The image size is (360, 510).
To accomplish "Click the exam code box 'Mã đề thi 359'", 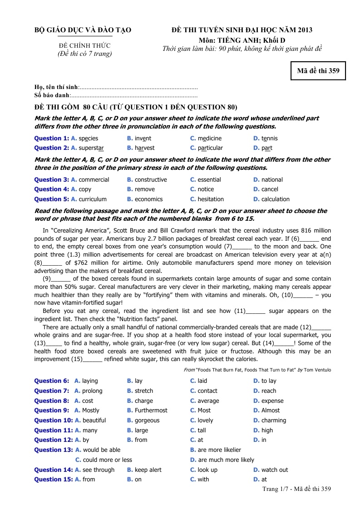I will [318, 71].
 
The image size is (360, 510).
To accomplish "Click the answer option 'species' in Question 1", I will [88, 139].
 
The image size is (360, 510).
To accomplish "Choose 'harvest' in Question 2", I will [144, 148].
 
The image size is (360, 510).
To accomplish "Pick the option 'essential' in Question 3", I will [209, 180].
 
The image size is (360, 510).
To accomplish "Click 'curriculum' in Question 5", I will [93, 199].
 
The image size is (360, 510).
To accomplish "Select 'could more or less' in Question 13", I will [108, 460].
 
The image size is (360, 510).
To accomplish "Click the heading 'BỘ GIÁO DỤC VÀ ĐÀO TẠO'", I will [83, 30].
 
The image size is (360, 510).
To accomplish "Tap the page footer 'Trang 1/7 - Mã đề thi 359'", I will [296, 489].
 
